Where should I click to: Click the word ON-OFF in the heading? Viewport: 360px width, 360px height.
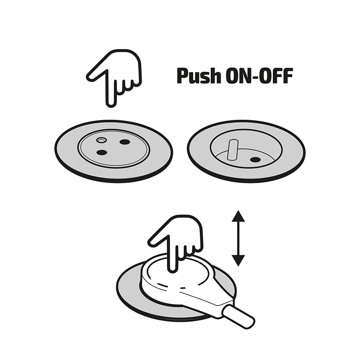point(260,76)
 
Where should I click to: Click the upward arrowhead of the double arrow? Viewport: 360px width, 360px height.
point(238,216)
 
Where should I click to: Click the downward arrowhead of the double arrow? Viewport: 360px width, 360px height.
point(238,261)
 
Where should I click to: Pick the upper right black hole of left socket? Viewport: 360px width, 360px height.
point(125,142)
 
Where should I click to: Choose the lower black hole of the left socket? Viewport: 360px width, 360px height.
point(102,152)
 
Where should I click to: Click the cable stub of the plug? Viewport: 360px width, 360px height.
point(238,317)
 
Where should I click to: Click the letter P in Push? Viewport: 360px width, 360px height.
point(182,76)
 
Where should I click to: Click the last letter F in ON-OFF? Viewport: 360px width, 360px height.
point(288,76)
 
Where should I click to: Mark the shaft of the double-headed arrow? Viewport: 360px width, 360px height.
point(238,238)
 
